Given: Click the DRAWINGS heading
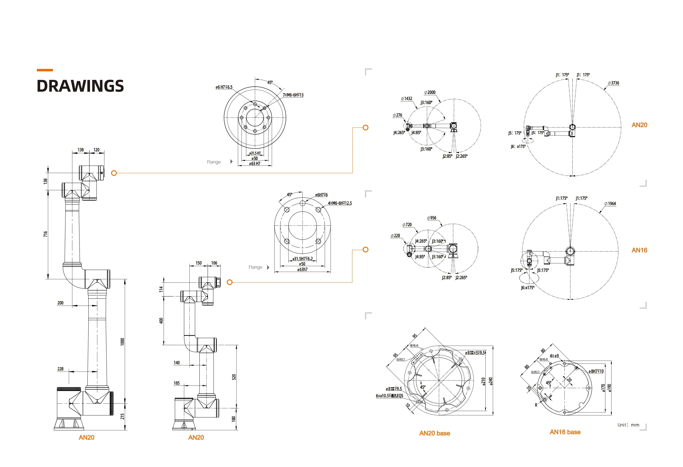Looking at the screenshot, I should coord(80,86).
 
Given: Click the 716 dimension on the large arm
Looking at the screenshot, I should coord(45,234).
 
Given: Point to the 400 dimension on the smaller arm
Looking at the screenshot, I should coord(161,320).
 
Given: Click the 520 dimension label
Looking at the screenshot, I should coord(234,377).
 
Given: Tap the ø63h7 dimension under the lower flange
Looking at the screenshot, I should coord(302,269).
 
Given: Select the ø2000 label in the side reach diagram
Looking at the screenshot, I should coord(430,92).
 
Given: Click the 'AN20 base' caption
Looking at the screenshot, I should coord(434,433).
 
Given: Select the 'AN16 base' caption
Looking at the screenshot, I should coord(565,432).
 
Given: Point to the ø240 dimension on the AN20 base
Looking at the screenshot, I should coord(491,381).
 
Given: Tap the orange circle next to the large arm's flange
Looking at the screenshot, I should coord(114,173).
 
